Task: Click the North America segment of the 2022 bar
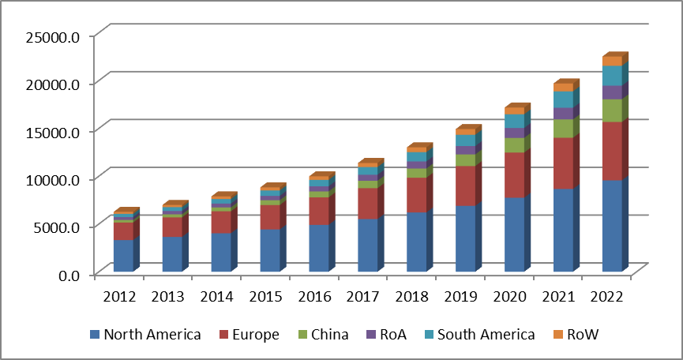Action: (612, 226)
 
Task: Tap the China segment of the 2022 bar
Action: (612, 111)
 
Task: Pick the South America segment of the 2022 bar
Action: (612, 75)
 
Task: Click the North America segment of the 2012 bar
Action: (123, 255)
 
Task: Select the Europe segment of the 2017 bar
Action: (367, 203)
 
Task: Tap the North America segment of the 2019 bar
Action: (465, 238)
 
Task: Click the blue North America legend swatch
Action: (96, 335)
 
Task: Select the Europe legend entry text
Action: (255, 335)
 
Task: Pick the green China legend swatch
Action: (300, 335)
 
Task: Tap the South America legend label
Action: (486, 335)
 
